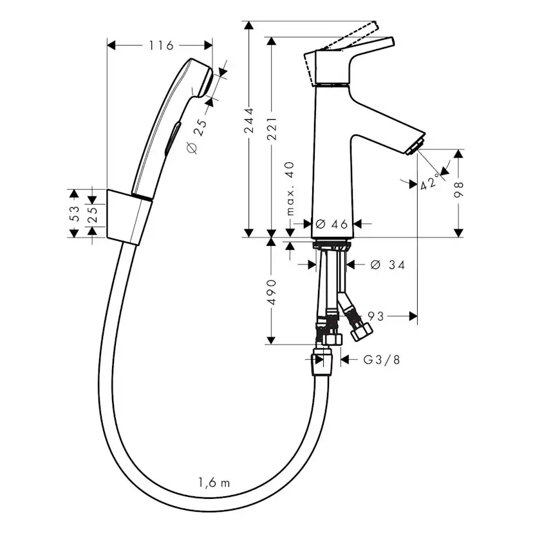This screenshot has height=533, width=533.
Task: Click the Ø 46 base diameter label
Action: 331,224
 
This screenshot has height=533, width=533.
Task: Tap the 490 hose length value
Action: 273,292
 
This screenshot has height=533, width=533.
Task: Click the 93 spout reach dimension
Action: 376,316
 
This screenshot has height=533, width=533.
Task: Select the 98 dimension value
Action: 458,187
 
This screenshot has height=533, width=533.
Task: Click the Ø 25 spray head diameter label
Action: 196,137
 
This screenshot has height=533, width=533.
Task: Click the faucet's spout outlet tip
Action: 414,145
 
